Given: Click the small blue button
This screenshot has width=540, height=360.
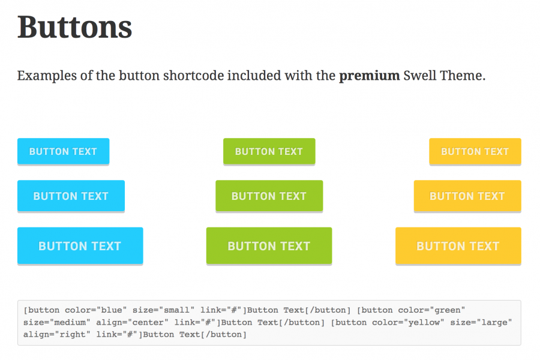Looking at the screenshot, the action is tap(64, 151).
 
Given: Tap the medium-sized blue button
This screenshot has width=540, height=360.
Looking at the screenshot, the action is tap(71, 196).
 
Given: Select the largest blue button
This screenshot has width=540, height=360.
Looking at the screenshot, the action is tap(80, 245).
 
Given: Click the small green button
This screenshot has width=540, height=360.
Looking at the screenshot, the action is tap(269, 151).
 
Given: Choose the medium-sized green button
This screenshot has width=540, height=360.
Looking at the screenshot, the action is tap(269, 196).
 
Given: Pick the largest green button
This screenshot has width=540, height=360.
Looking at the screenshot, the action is tap(269, 245).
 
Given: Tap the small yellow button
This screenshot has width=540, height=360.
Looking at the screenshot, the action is tap(475, 151).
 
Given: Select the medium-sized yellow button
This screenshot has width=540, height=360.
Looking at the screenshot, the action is tap(467, 196).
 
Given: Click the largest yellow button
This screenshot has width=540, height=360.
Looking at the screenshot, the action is tap(458, 245).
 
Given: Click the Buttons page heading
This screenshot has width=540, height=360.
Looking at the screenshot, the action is tap(75, 27).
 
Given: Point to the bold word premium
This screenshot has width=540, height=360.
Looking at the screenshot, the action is tap(369, 76).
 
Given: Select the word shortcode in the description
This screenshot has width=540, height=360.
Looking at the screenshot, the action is tap(193, 76).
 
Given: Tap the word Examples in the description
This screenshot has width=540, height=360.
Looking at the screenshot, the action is tap(47, 76).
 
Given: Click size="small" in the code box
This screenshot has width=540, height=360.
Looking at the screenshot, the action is tap(163, 310).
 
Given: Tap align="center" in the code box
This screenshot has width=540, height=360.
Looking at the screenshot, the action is tap(132, 322).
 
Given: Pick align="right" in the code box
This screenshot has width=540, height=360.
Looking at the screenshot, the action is tap(57, 335).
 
